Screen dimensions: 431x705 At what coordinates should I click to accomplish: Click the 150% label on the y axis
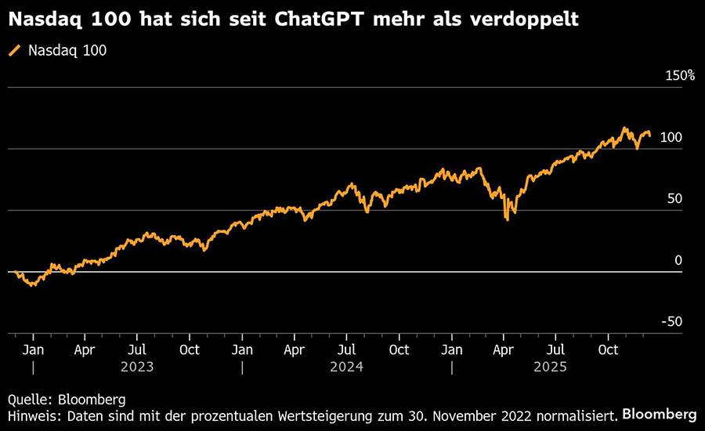click(680, 76)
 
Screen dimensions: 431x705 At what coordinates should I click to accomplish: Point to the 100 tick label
click(671, 138)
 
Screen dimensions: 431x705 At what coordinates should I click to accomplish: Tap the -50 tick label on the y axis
click(671, 321)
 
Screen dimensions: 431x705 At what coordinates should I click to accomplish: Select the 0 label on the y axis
click(678, 260)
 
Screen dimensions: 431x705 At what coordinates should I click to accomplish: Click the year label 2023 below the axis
click(137, 366)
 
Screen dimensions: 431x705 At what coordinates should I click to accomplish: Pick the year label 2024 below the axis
click(347, 366)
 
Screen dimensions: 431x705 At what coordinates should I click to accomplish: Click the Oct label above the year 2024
click(399, 350)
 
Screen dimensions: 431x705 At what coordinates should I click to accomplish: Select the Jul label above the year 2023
click(137, 350)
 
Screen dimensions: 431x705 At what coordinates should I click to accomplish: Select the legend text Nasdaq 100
click(67, 51)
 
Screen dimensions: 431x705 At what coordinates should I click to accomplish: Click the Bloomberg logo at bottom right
click(659, 413)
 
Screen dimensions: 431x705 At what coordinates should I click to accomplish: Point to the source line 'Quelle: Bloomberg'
click(67, 399)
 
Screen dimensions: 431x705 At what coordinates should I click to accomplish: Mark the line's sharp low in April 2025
click(508, 219)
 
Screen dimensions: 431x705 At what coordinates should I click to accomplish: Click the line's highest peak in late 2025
click(624, 128)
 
